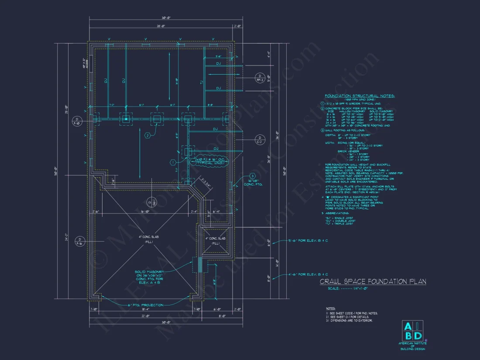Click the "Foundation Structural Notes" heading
click(x=359, y=96)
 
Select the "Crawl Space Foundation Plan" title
click(x=373, y=282)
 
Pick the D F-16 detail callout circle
click(x=79, y=241)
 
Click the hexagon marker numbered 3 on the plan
click(x=252, y=176)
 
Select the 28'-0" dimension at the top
click(x=161, y=27)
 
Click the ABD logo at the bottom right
click(x=412, y=331)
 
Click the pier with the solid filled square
click(x=126, y=119)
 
